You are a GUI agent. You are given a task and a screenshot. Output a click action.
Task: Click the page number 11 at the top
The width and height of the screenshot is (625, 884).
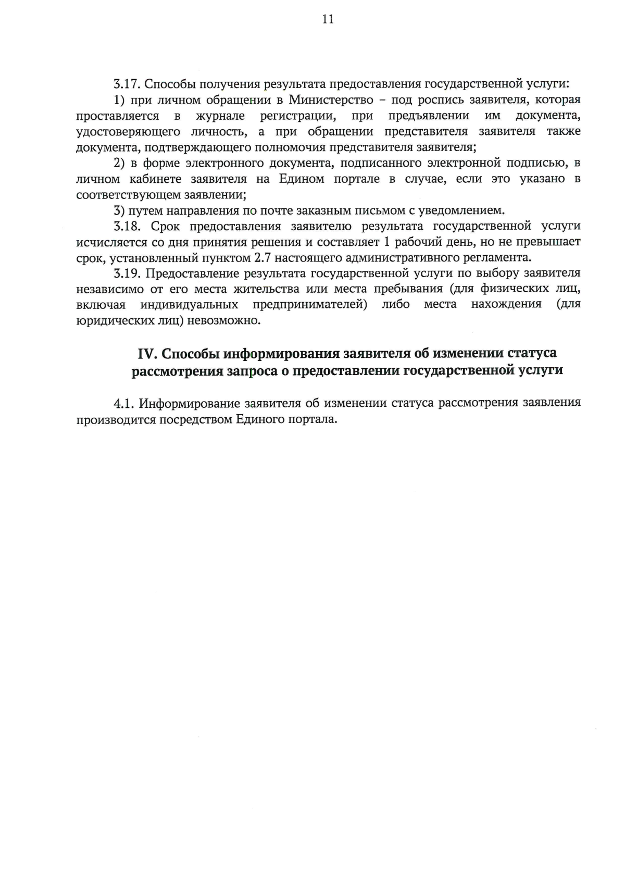point(328,19)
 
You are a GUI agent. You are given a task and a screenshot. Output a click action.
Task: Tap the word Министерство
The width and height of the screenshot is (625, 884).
point(331,99)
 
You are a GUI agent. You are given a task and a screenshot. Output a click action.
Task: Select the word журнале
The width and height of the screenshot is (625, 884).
point(220,116)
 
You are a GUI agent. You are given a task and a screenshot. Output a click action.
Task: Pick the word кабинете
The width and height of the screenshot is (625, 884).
point(155,179)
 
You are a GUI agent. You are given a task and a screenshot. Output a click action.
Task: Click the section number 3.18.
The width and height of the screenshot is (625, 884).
point(127,227)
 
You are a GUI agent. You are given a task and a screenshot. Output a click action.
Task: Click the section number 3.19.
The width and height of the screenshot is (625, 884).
point(127,273)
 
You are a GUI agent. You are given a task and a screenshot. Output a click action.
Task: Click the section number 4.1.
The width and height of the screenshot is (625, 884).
point(124,404)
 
